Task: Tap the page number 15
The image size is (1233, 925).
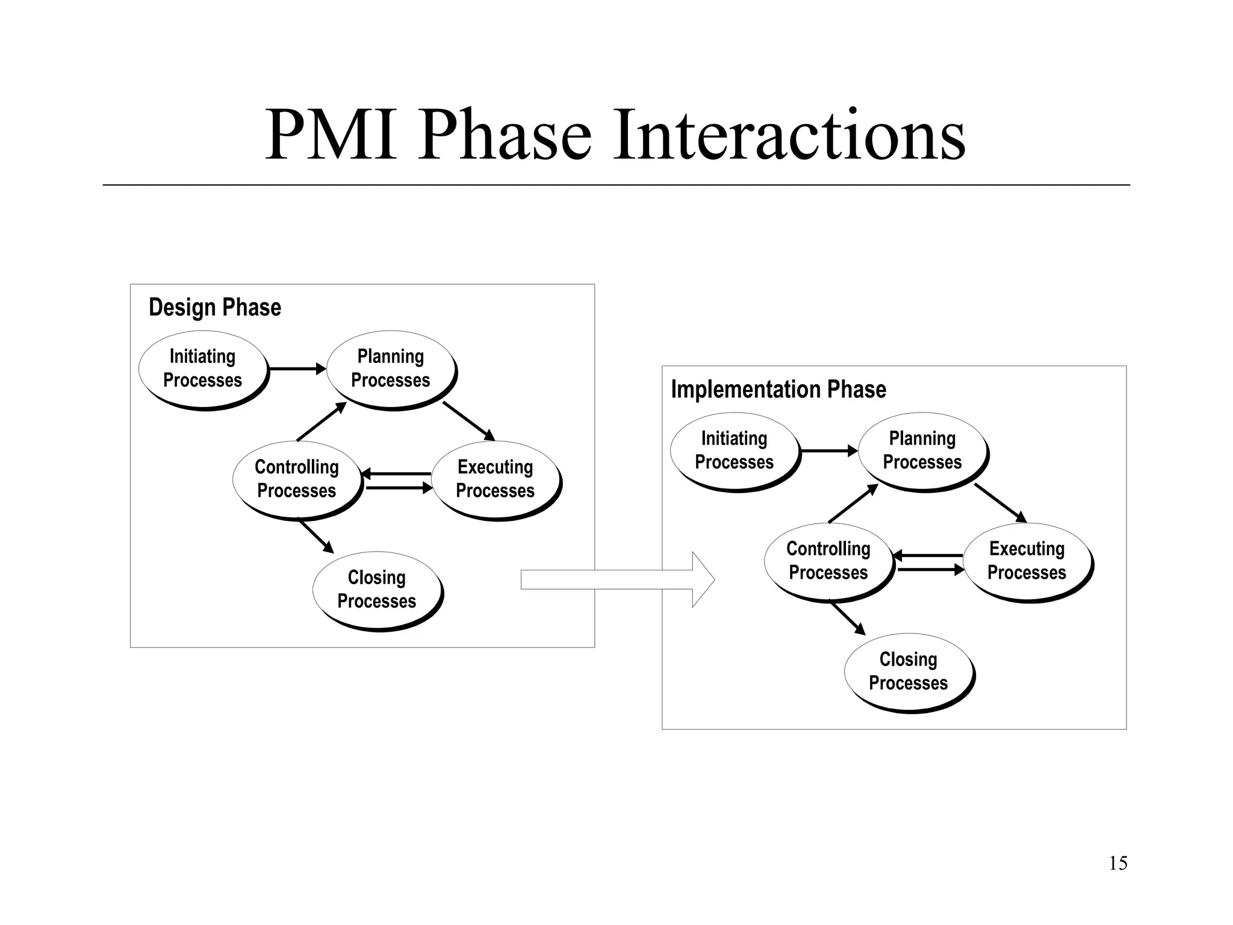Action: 1117,863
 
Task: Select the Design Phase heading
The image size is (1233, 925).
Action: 215,307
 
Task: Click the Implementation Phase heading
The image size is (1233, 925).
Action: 778,389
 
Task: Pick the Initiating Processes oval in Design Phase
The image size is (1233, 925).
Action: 203,369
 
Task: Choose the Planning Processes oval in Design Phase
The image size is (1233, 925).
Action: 391,369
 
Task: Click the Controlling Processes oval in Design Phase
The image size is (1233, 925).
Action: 297,479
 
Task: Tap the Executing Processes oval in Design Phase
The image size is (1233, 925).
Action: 495,479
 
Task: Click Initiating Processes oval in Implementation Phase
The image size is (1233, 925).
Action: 734,450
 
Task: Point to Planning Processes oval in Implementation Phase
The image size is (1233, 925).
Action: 922,450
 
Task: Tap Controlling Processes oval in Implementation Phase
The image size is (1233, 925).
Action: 828,561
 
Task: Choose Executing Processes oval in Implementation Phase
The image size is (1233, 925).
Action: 1026,561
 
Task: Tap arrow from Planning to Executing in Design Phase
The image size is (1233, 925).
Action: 468,421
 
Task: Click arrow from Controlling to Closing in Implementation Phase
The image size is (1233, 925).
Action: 848,617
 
